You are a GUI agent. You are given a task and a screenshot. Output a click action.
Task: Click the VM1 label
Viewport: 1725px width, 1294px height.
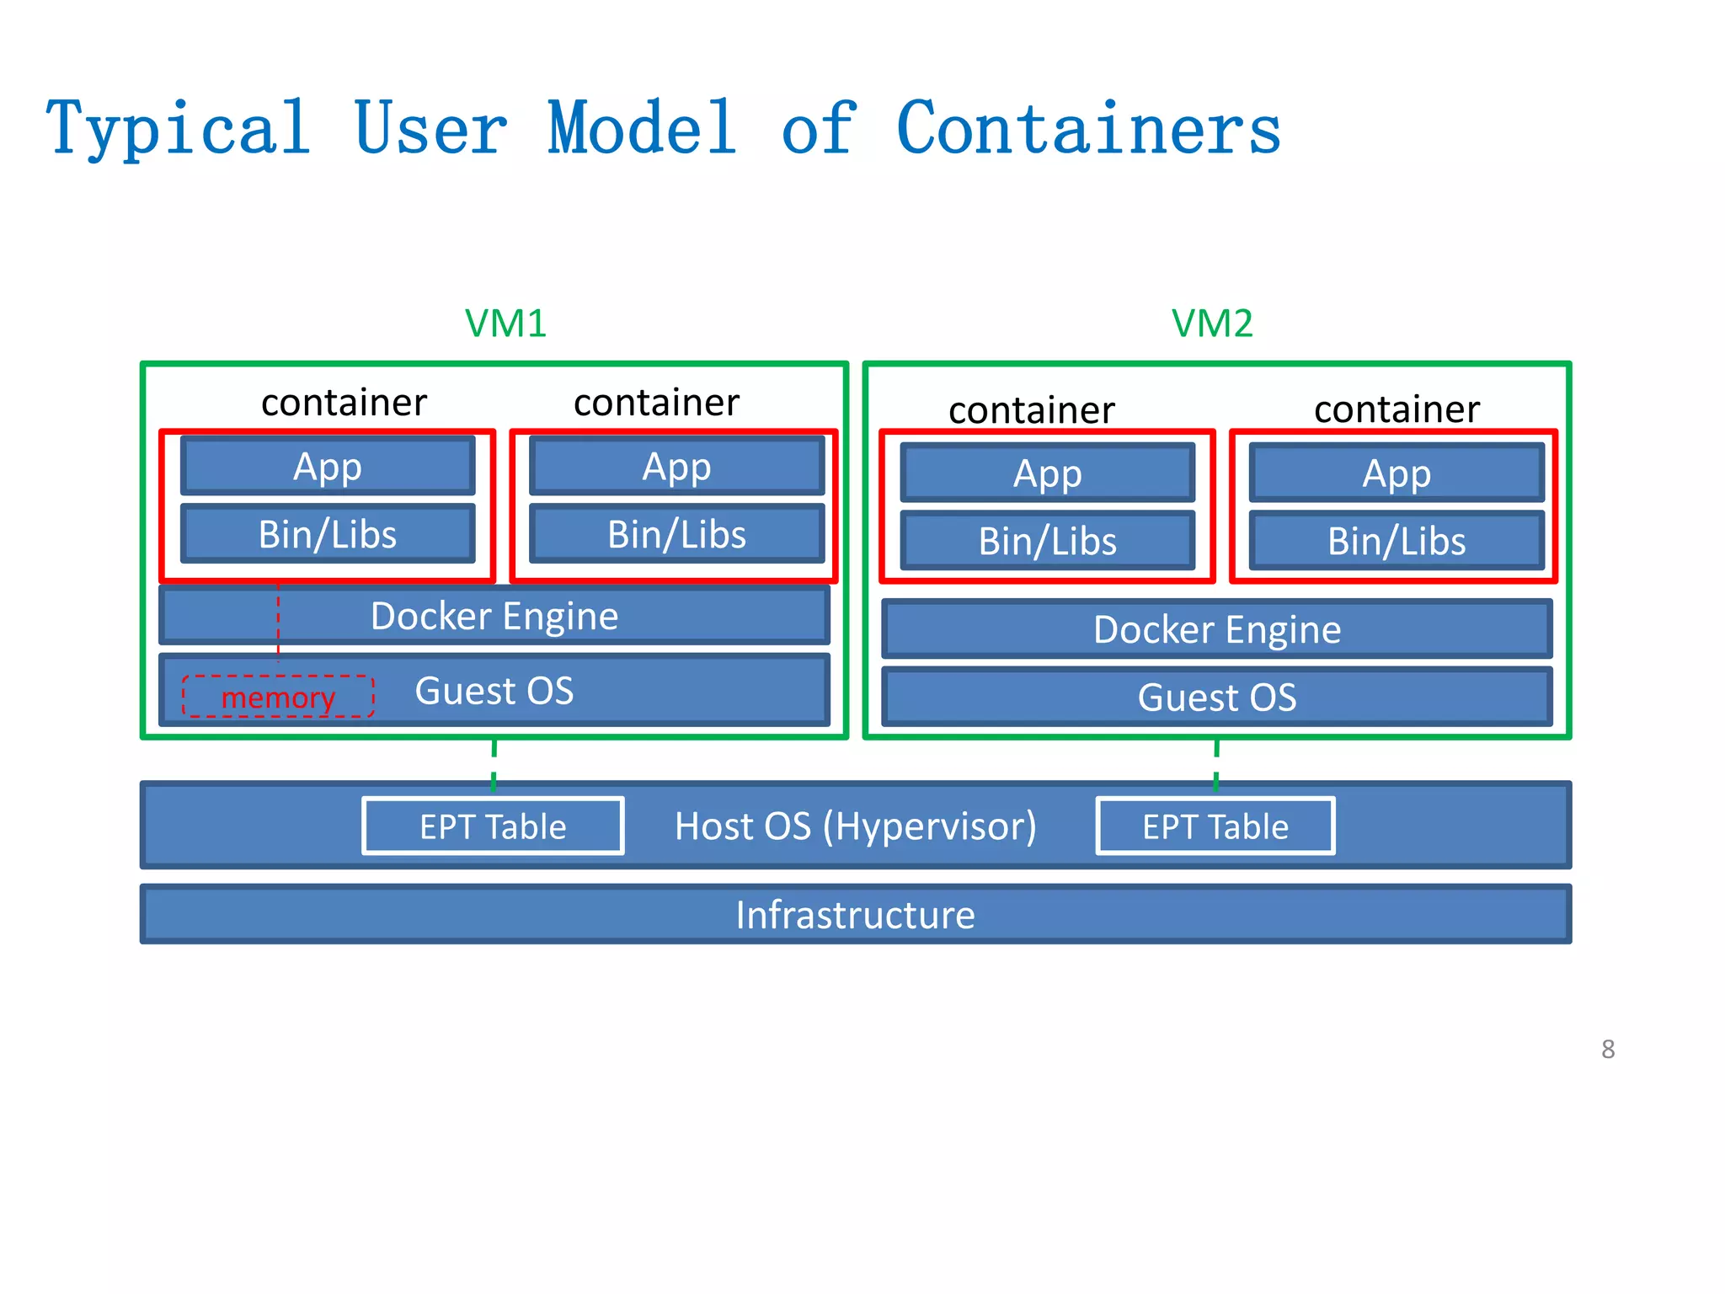click(505, 323)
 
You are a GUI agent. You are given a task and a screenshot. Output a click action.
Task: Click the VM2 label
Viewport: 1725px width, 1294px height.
click(1211, 323)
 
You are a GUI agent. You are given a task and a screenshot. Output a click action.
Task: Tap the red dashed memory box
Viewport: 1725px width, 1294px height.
click(278, 697)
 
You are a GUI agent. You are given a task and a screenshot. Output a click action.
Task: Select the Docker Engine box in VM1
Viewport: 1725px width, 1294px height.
click(494, 616)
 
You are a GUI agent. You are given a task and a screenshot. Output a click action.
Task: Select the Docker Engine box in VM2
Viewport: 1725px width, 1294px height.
click(1216, 629)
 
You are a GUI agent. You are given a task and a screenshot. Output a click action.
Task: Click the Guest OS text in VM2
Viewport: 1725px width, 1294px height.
click(1216, 698)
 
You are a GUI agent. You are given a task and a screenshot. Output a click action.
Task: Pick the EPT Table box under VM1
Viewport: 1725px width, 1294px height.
click(493, 826)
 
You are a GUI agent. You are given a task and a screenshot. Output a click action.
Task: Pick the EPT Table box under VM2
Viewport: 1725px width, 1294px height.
click(1215, 826)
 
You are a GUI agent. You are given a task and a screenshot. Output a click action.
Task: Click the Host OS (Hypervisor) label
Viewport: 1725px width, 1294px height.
click(855, 826)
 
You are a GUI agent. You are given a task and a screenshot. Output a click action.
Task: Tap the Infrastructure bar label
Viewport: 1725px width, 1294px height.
click(855, 915)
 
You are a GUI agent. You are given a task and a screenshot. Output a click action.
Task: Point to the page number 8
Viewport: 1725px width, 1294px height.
click(1607, 1050)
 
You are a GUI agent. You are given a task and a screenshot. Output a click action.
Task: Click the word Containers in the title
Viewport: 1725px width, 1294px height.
click(1087, 129)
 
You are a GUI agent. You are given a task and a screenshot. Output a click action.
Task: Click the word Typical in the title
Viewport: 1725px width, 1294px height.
click(178, 129)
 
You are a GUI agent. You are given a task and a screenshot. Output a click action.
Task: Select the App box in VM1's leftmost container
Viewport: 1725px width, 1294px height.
click(328, 466)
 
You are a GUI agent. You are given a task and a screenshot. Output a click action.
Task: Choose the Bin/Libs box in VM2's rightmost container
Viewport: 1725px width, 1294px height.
click(1397, 541)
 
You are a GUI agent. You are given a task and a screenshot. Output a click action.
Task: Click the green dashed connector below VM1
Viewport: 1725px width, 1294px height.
click(494, 765)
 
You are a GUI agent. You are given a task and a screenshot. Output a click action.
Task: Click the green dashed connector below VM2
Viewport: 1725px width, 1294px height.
click(1216, 765)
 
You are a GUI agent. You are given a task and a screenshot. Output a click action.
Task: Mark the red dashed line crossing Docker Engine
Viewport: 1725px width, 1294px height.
click(278, 619)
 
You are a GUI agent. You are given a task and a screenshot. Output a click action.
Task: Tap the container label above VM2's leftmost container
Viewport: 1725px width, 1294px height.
click(1031, 410)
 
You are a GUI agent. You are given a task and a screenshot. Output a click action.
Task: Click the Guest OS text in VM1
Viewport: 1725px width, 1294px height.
click(494, 691)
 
